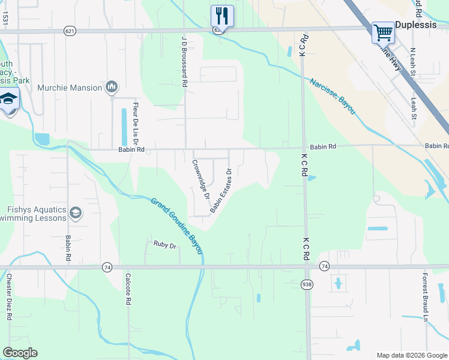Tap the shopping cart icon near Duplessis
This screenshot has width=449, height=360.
(382, 32)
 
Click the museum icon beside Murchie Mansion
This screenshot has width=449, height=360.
(112, 88)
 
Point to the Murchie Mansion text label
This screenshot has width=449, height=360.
(70, 88)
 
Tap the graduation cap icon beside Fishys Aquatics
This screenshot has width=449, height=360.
(76, 212)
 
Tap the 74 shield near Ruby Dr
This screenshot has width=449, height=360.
(107, 266)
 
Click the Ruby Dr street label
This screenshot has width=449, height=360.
(164, 245)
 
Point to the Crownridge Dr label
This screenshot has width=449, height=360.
(200, 179)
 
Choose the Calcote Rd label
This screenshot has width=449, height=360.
(128, 290)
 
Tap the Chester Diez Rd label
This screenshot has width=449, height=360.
(9, 297)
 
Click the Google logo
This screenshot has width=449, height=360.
(20, 353)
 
